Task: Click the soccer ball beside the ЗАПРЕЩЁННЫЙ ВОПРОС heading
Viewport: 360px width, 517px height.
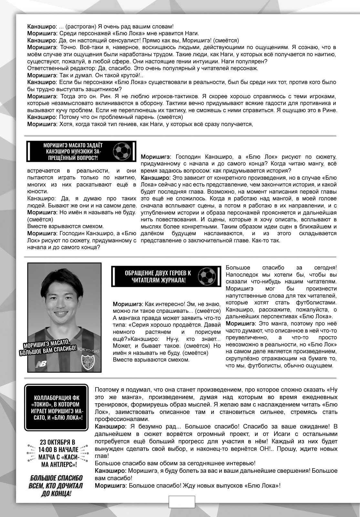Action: coord(122,151)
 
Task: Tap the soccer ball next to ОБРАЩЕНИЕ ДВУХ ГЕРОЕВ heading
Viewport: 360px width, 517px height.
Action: coord(207,276)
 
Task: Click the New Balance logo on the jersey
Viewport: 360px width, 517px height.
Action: coord(41,364)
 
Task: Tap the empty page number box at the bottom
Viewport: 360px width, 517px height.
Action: coord(182,502)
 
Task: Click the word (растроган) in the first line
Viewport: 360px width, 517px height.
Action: coord(78,26)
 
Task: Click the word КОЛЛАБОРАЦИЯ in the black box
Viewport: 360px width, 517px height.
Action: coord(57,398)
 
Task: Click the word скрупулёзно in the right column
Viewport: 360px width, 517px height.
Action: coord(241,358)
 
